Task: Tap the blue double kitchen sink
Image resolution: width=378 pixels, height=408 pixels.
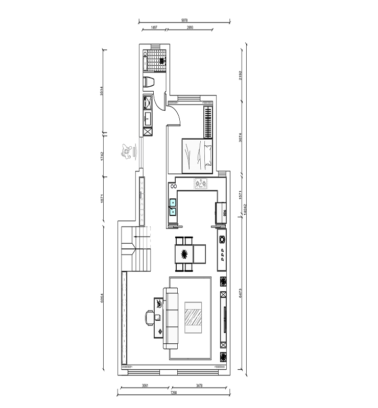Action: click(173, 206)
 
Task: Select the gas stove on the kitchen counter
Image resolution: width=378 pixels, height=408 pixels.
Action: click(200, 183)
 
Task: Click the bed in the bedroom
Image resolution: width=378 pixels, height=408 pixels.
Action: click(197, 155)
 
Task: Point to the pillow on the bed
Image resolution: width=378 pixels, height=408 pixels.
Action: click(208, 155)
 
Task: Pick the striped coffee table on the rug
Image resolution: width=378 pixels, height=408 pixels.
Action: click(193, 318)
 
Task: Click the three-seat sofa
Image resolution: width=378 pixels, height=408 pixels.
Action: click(170, 318)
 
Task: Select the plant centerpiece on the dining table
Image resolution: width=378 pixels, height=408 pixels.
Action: click(184, 252)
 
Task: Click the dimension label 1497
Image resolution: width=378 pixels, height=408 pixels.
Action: click(153, 28)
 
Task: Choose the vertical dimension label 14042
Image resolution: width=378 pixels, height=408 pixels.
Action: click(246, 209)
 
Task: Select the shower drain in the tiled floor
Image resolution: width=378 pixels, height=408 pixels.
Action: click(162, 60)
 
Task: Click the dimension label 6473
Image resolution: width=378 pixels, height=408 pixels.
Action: click(239, 294)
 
